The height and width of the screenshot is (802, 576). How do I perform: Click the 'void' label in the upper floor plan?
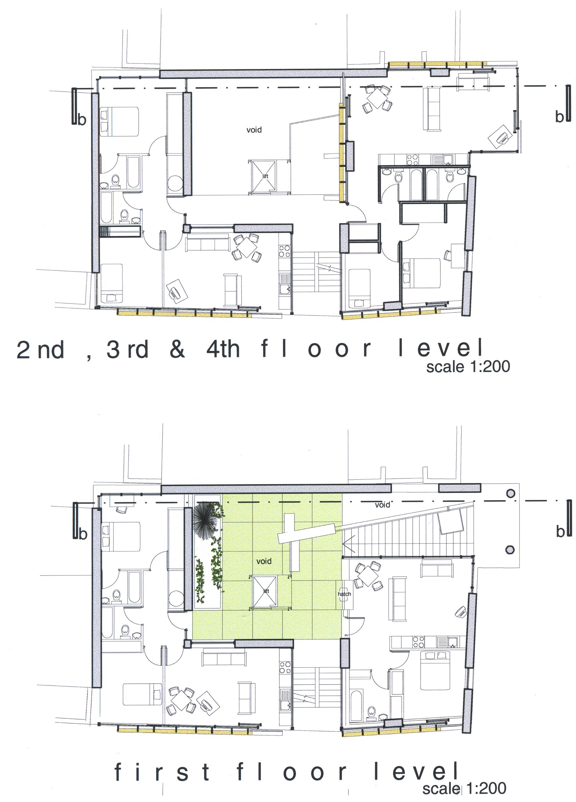[x=254, y=130]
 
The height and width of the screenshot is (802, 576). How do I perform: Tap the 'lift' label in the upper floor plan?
[x=265, y=176]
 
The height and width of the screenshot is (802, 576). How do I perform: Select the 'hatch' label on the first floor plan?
[x=344, y=594]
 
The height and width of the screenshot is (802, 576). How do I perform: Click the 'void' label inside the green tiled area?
[x=264, y=561]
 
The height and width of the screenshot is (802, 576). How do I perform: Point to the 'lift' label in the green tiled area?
[x=266, y=591]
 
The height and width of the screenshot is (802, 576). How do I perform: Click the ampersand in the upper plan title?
[x=177, y=349]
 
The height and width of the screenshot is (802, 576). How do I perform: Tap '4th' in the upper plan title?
[x=223, y=349]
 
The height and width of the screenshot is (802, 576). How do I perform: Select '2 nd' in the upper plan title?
[x=40, y=350]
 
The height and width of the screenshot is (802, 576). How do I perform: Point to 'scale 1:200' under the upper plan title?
[x=468, y=366]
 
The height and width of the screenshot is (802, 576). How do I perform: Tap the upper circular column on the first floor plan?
[x=510, y=493]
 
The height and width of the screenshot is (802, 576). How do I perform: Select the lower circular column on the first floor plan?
[x=510, y=549]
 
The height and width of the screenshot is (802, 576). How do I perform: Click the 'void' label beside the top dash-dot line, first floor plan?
[x=382, y=505]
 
